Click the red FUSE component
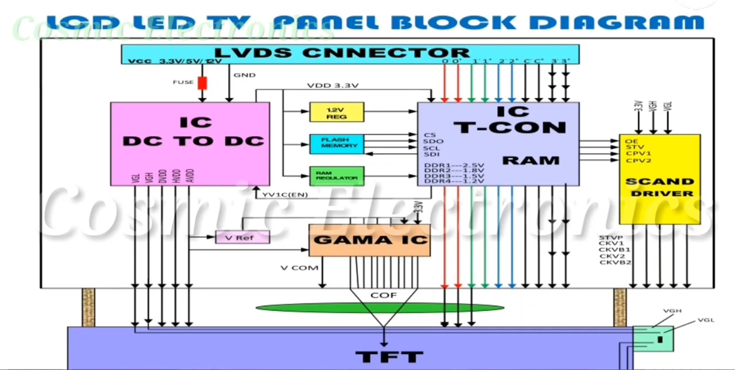pyautogui.click(x=202, y=83)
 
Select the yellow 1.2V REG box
pyautogui.click(x=336, y=112)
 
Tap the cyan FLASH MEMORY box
pyautogui.click(x=336, y=143)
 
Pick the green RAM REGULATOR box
pyautogui.click(x=336, y=176)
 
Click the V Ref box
pyautogui.click(x=242, y=237)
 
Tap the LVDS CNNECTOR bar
pyautogui.click(x=350, y=53)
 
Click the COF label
pyautogui.click(x=383, y=295)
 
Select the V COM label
pyautogui.click(x=299, y=268)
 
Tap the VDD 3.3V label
pyautogui.click(x=332, y=86)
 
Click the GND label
pyautogui.click(x=244, y=75)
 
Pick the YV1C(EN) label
pyautogui.click(x=285, y=194)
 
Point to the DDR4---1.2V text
pyautogui.click(x=454, y=181)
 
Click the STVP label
pyautogui.click(x=611, y=237)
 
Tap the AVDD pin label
pyautogui.click(x=189, y=176)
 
